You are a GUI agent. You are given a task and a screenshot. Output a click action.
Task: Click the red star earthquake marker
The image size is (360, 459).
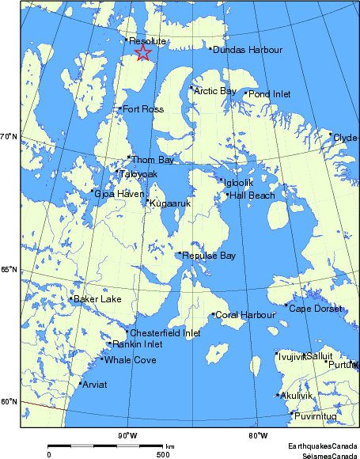pyautogui.click(x=143, y=53)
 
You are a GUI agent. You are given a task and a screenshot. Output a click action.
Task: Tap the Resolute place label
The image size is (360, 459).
pyautogui.click(x=147, y=41)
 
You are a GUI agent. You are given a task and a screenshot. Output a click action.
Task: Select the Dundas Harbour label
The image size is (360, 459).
pyautogui.click(x=248, y=50)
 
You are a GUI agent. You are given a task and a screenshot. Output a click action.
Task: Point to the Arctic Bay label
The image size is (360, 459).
pyautogui.click(x=215, y=91)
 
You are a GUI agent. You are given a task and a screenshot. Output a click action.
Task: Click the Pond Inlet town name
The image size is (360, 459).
pyautogui.click(x=270, y=94)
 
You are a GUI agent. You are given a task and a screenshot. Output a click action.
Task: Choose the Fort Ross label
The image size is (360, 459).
pyautogui.click(x=143, y=109)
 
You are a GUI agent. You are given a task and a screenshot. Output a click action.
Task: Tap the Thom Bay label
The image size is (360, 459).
pyautogui.click(x=152, y=160)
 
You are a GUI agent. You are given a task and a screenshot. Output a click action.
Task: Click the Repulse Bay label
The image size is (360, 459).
pyautogui.click(x=209, y=256)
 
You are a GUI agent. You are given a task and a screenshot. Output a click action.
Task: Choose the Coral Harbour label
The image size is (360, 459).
pyautogui.click(x=245, y=315)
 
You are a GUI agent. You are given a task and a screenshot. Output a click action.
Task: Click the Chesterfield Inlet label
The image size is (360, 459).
pyautogui.click(x=165, y=333)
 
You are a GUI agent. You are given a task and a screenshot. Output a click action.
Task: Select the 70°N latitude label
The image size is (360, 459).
pyautogui.click(x=9, y=138)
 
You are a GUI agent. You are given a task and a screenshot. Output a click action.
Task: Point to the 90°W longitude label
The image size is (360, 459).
pyautogui.click(x=127, y=435)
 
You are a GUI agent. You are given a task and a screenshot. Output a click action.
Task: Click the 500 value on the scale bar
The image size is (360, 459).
pyautogui.click(x=162, y=454)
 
